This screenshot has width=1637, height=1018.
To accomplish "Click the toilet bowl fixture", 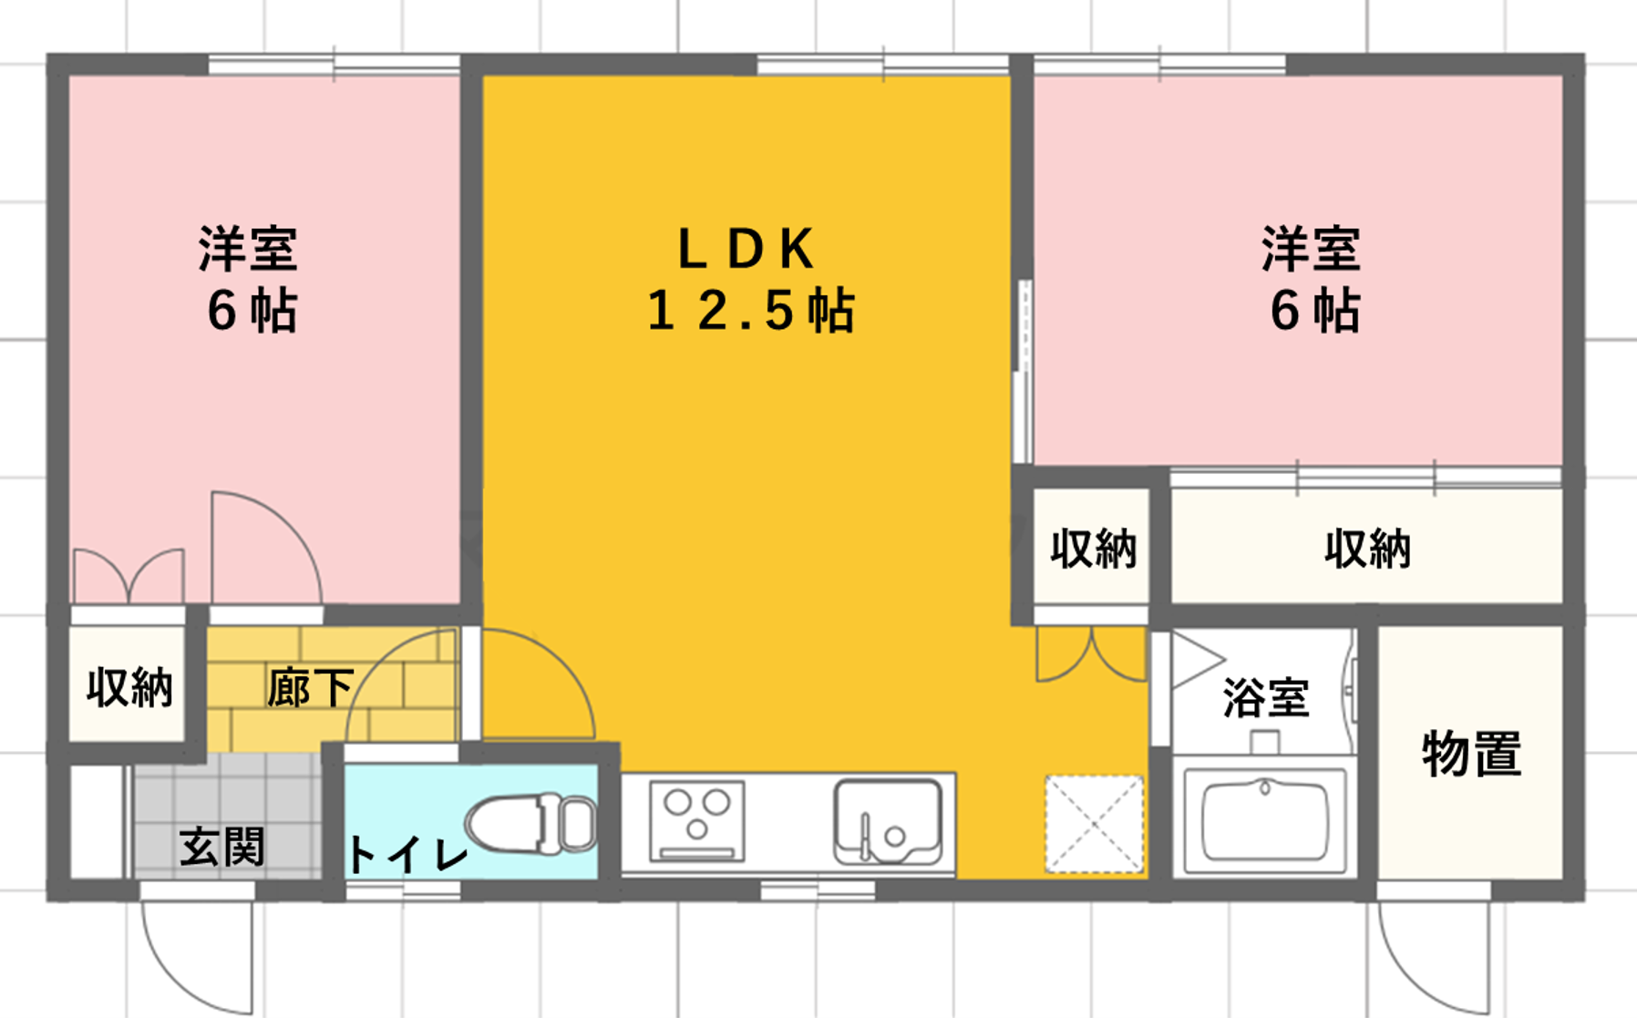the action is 532,824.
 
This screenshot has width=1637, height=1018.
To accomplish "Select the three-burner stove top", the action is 697,821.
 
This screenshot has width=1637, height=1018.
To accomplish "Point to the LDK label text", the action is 746,249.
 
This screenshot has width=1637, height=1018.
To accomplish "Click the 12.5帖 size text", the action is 750,310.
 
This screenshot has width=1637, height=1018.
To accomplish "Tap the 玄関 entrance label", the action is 222,847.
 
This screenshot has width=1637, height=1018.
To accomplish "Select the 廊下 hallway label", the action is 310,688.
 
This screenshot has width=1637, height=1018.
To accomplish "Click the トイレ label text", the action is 407,855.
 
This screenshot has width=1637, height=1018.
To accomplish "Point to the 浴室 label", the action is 1266,697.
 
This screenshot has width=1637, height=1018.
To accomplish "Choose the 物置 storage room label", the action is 1471,754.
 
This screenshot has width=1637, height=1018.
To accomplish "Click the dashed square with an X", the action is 1094,824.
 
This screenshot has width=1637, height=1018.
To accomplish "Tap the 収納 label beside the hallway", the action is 129,687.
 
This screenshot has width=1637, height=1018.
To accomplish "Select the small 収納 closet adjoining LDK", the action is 1093,549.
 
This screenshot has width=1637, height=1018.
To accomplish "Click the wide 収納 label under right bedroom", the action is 1367,549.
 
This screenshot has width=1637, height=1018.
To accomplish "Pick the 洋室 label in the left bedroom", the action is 248,249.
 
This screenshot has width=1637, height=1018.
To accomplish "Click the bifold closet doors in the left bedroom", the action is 129,576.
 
